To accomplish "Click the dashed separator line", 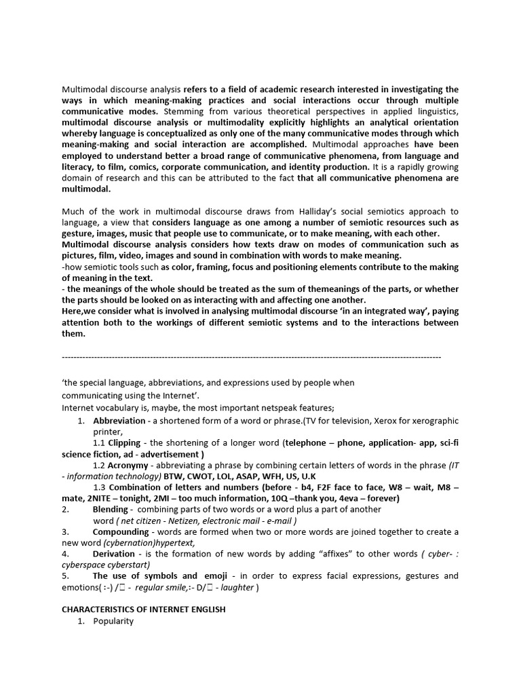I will [x=251, y=356].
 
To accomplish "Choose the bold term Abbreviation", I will [x=119, y=421].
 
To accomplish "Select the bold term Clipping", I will [x=124, y=443].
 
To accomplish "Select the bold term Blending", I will [x=110, y=509].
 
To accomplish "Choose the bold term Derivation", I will [x=114, y=554].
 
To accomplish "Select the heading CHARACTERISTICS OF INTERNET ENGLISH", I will [x=144, y=609].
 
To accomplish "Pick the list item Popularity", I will [x=113, y=621].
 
